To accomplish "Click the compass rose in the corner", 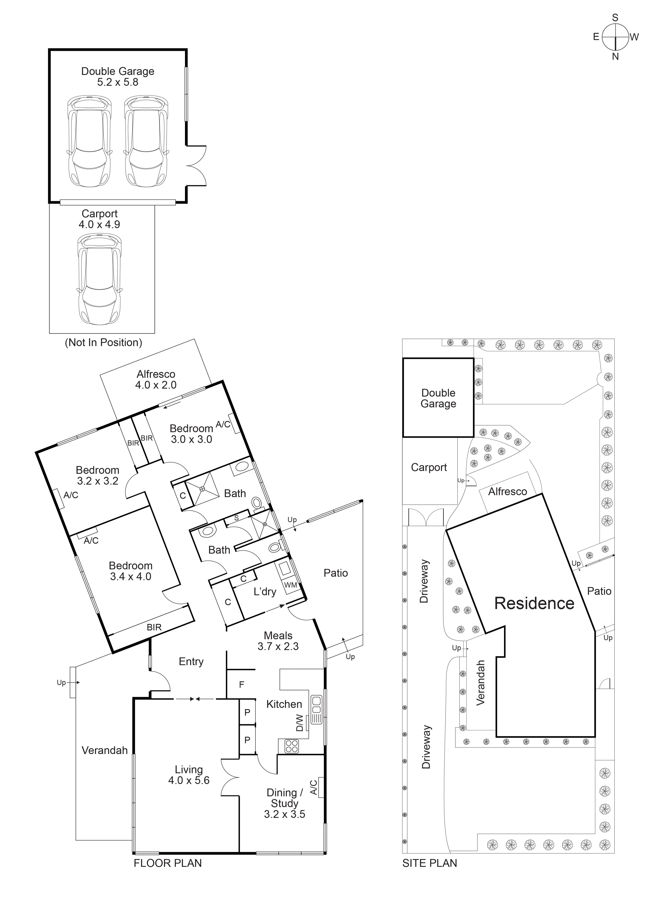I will (615, 37).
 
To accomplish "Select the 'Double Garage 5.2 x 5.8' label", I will (117, 77).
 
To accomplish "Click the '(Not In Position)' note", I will (103, 343).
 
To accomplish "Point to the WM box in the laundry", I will (291, 585).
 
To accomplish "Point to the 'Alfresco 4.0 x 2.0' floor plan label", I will (156, 379).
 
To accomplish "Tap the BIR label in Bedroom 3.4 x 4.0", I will (154, 627).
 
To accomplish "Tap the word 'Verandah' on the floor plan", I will (105, 750).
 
